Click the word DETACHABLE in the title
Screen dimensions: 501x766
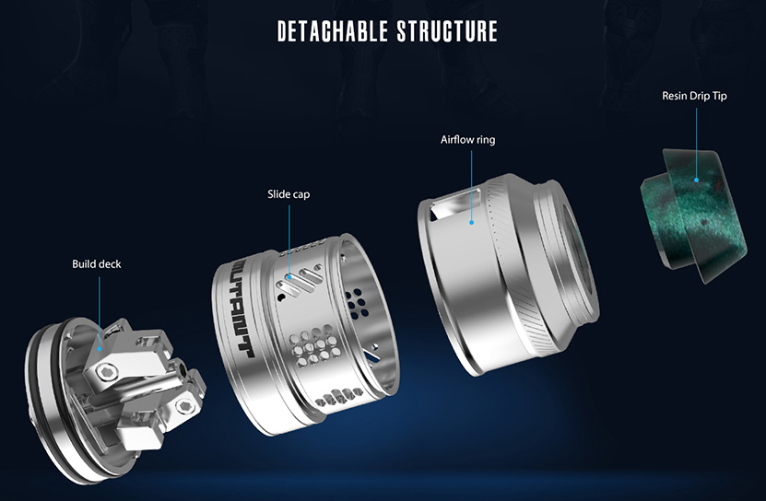point(333,30)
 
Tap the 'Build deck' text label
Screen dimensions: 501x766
point(96,264)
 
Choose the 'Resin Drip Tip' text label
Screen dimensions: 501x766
point(694,96)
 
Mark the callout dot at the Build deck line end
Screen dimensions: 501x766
point(99,347)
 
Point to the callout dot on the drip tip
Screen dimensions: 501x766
point(696,180)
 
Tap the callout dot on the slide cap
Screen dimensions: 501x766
point(289,275)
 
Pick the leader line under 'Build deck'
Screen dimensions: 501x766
point(98,309)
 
